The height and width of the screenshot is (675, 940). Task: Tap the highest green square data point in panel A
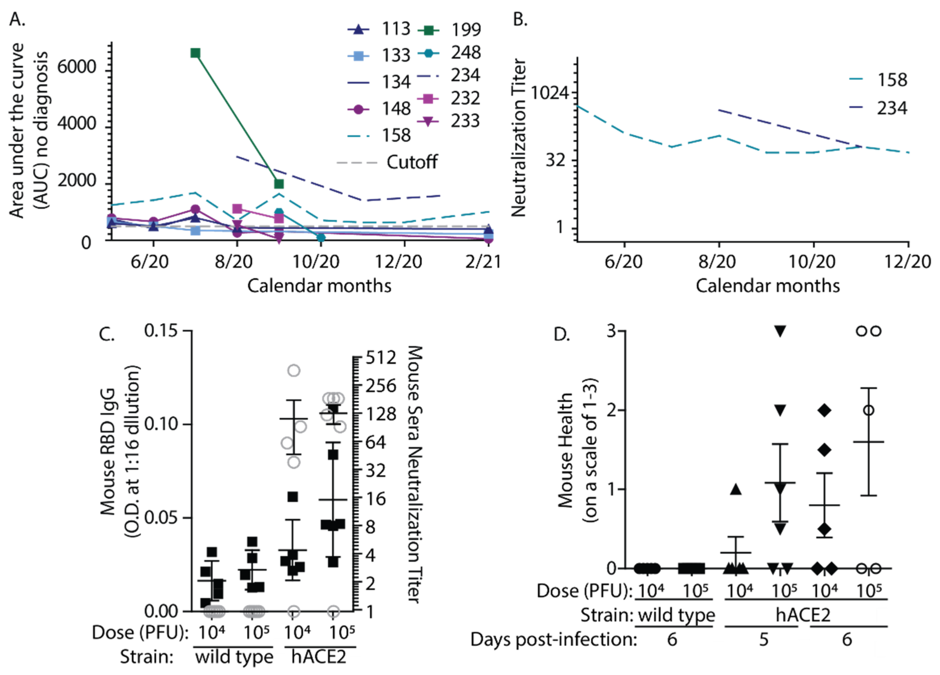[195, 53]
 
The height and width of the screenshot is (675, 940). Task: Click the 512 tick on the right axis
[381, 357]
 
